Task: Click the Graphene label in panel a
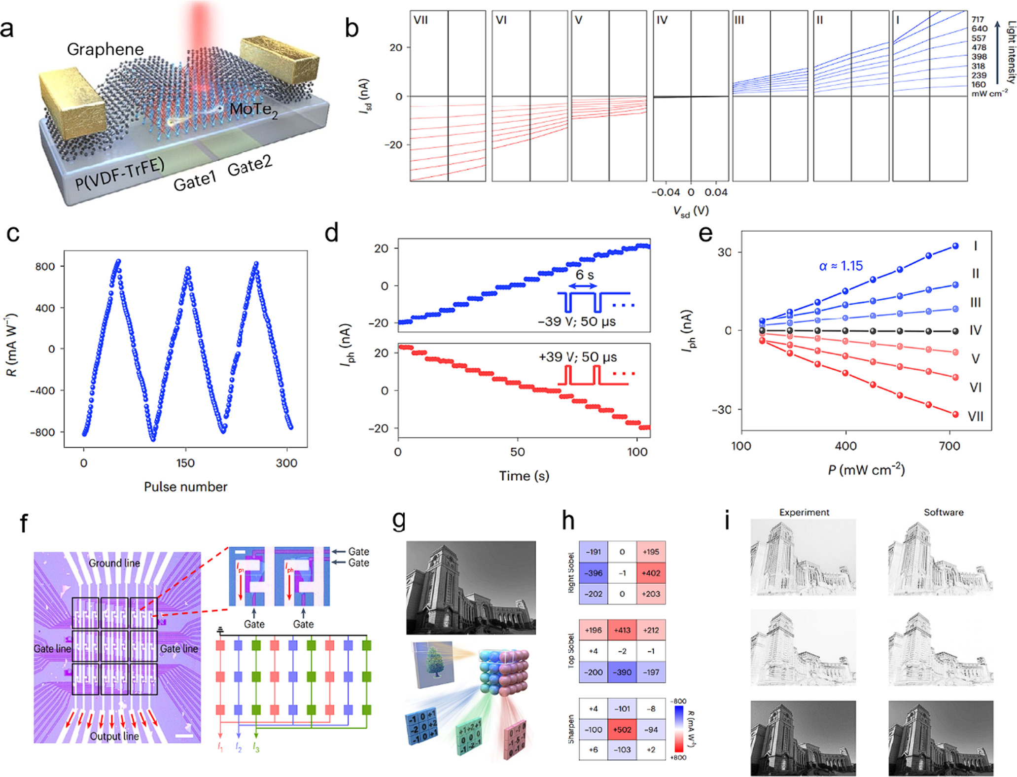point(105,49)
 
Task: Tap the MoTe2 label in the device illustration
point(253,109)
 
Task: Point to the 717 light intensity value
point(978,20)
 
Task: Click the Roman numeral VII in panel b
point(421,21)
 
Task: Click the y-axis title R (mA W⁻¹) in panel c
point(12,345)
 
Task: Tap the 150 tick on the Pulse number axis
point(185,463)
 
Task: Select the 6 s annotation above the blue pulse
point(585,275)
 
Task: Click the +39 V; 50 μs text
point(577,357)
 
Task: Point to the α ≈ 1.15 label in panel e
point(841,266)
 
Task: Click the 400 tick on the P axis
point(845,446)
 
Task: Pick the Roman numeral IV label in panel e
point(975,330)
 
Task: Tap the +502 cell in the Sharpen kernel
point(622,729)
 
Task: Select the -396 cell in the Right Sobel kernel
point(593,573)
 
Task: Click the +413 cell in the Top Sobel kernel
point(622,630)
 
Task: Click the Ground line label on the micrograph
point(114,563)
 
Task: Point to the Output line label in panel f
point(114,736)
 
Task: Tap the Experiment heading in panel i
point(804,512)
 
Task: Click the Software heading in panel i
point(943,512)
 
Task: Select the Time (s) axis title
point(524,476)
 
